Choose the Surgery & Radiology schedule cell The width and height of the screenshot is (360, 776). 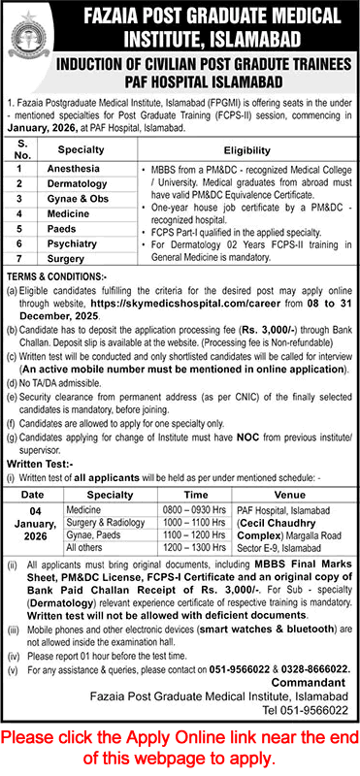[100, 521]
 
